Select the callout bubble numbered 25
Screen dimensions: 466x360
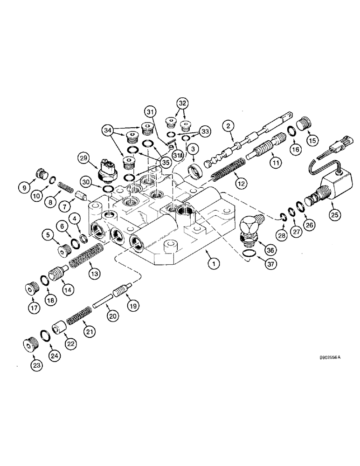[x=335, y=214]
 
